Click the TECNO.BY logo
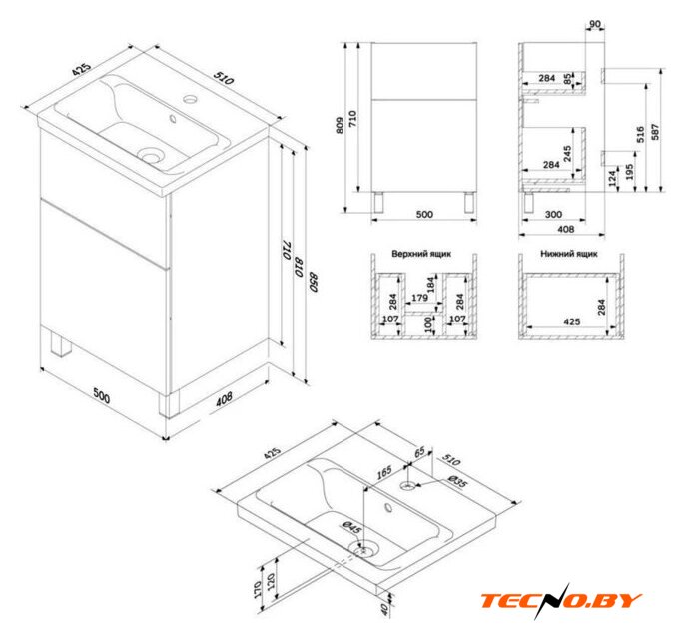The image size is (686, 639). coord(562,601)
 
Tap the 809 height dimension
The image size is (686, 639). coord(341,126)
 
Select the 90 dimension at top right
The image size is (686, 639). coord(595,24)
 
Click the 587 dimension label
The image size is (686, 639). coord(655,132)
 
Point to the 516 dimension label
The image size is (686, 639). coord(640,134)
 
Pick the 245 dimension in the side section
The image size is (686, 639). coord(567,154)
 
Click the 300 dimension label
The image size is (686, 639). coord(553,215)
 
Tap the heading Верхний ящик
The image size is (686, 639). coord(421,254)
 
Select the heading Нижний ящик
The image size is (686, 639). coord(569,254)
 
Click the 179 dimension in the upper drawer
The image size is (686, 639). coord(419,298)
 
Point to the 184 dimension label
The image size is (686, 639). coord(431,285)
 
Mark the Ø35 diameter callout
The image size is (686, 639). coord(458,481)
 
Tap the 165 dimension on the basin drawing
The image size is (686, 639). coord(384,473)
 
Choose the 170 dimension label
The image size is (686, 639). coord(258,589)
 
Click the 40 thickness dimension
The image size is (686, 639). coord(384,608)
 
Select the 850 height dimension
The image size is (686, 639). coord(314,282)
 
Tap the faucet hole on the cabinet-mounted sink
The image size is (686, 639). coord(191,99)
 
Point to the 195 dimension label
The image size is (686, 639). coord(629,172)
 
